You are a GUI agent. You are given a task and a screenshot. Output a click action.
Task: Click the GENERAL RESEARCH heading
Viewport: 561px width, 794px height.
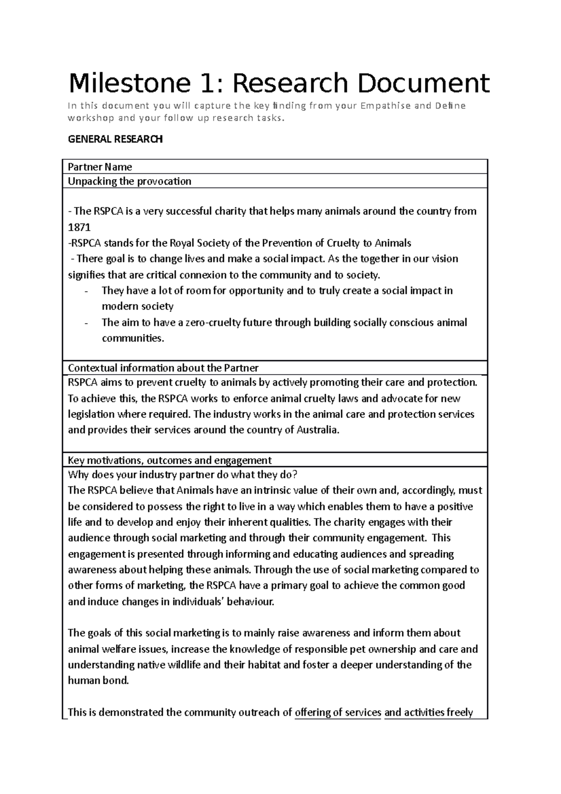coord(115,139)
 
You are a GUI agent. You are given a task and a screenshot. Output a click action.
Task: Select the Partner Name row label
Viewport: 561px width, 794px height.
coord(100,167)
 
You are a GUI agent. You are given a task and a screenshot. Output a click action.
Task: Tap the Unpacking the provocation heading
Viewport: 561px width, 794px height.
coord(129,181)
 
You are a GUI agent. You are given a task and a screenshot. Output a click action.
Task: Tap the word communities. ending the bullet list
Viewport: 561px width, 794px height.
coord(133,339)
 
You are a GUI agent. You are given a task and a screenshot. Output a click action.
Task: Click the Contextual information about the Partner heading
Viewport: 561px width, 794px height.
coord(163,368)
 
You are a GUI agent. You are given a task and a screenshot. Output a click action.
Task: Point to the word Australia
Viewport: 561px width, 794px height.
coord(317,430)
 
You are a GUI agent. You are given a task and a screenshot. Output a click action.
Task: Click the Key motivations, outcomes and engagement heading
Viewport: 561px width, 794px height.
coord(170,460)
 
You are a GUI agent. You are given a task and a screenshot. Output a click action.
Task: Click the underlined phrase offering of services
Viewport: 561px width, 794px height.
coord(338,713)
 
